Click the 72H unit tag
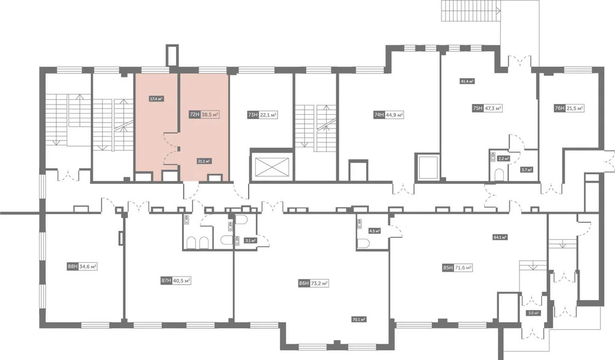[194, 113]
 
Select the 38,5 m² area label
[210, 113]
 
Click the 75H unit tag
[477, 109]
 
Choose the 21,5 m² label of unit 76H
[575, 109]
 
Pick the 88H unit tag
[72, 266]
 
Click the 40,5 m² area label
[181, 280]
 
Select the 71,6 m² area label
[463, 268]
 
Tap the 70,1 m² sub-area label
[359, 319]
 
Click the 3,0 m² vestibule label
[533, 313]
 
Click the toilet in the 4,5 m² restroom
[364, 244]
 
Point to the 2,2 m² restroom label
[503, 159]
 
